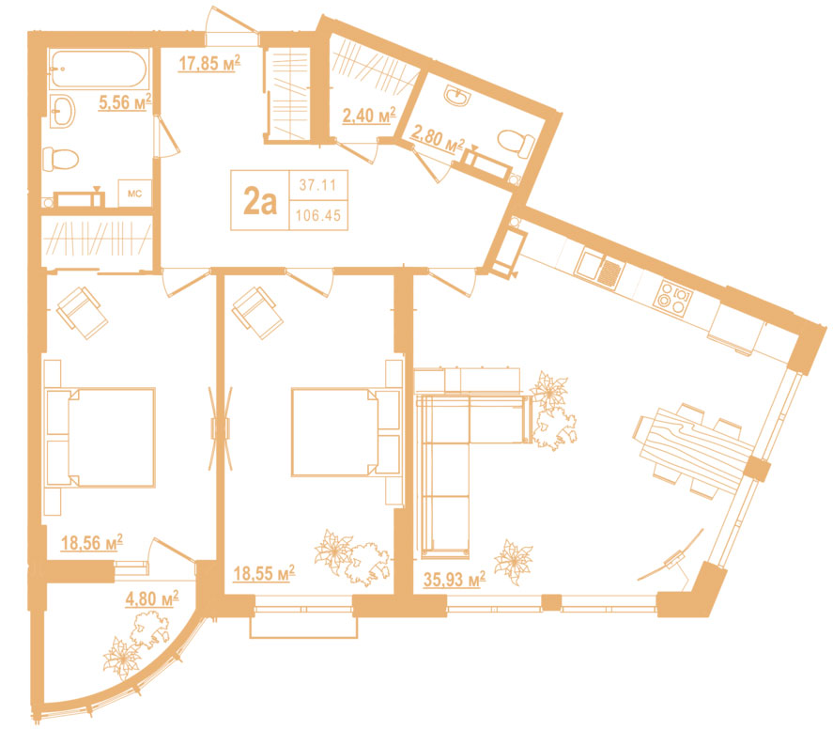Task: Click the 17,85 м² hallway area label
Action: (x=209, y=63)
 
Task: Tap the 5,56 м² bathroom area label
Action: (x=126, y=101)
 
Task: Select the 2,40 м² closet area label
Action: (x=369, y=115)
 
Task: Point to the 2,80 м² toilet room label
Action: (x=438, y=140)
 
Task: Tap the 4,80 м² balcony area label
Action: (x=151, y=598)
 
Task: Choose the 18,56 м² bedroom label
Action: (x=92, y=542)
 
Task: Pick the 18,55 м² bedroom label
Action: (x=264, y=573)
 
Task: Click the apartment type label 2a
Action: (x=260, y=202)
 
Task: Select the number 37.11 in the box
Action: (x=317, y=185)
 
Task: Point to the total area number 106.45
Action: (x=318, y=215)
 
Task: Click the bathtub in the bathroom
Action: (x=100, y=70)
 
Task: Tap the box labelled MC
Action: (x=135, y=194)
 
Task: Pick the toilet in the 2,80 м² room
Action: (x=516, y=144)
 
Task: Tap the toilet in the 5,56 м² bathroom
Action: (x=60, y=159)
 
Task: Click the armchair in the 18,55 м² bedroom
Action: (x=257, y=312)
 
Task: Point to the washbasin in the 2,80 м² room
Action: (x=456, y=96)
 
